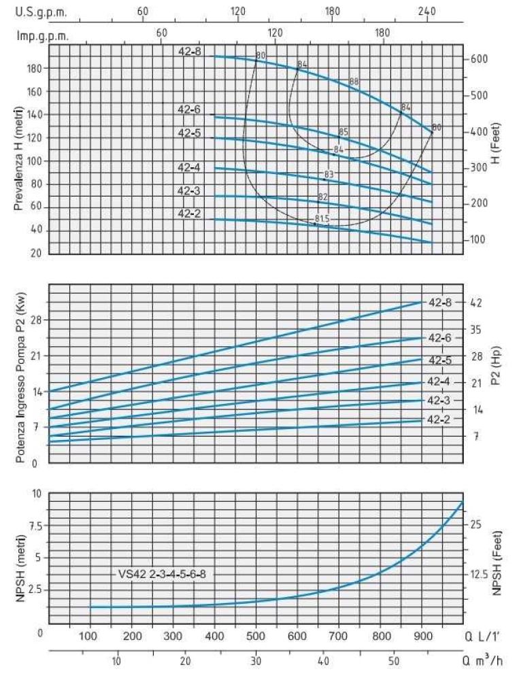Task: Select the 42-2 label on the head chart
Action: pos(189,214)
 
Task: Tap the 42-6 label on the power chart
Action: pos(439,338)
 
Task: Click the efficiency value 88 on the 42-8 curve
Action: pos(354,82)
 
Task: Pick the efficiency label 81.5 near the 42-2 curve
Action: pos(322,218)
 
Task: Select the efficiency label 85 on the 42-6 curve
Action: pos(344,132)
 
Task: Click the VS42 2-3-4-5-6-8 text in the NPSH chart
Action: pos(161,574)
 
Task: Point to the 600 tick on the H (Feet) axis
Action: pos(479,59)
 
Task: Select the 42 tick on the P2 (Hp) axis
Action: pos(477,303)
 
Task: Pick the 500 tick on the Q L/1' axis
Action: pos(256,636)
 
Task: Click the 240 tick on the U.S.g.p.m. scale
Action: pos(427,12)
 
